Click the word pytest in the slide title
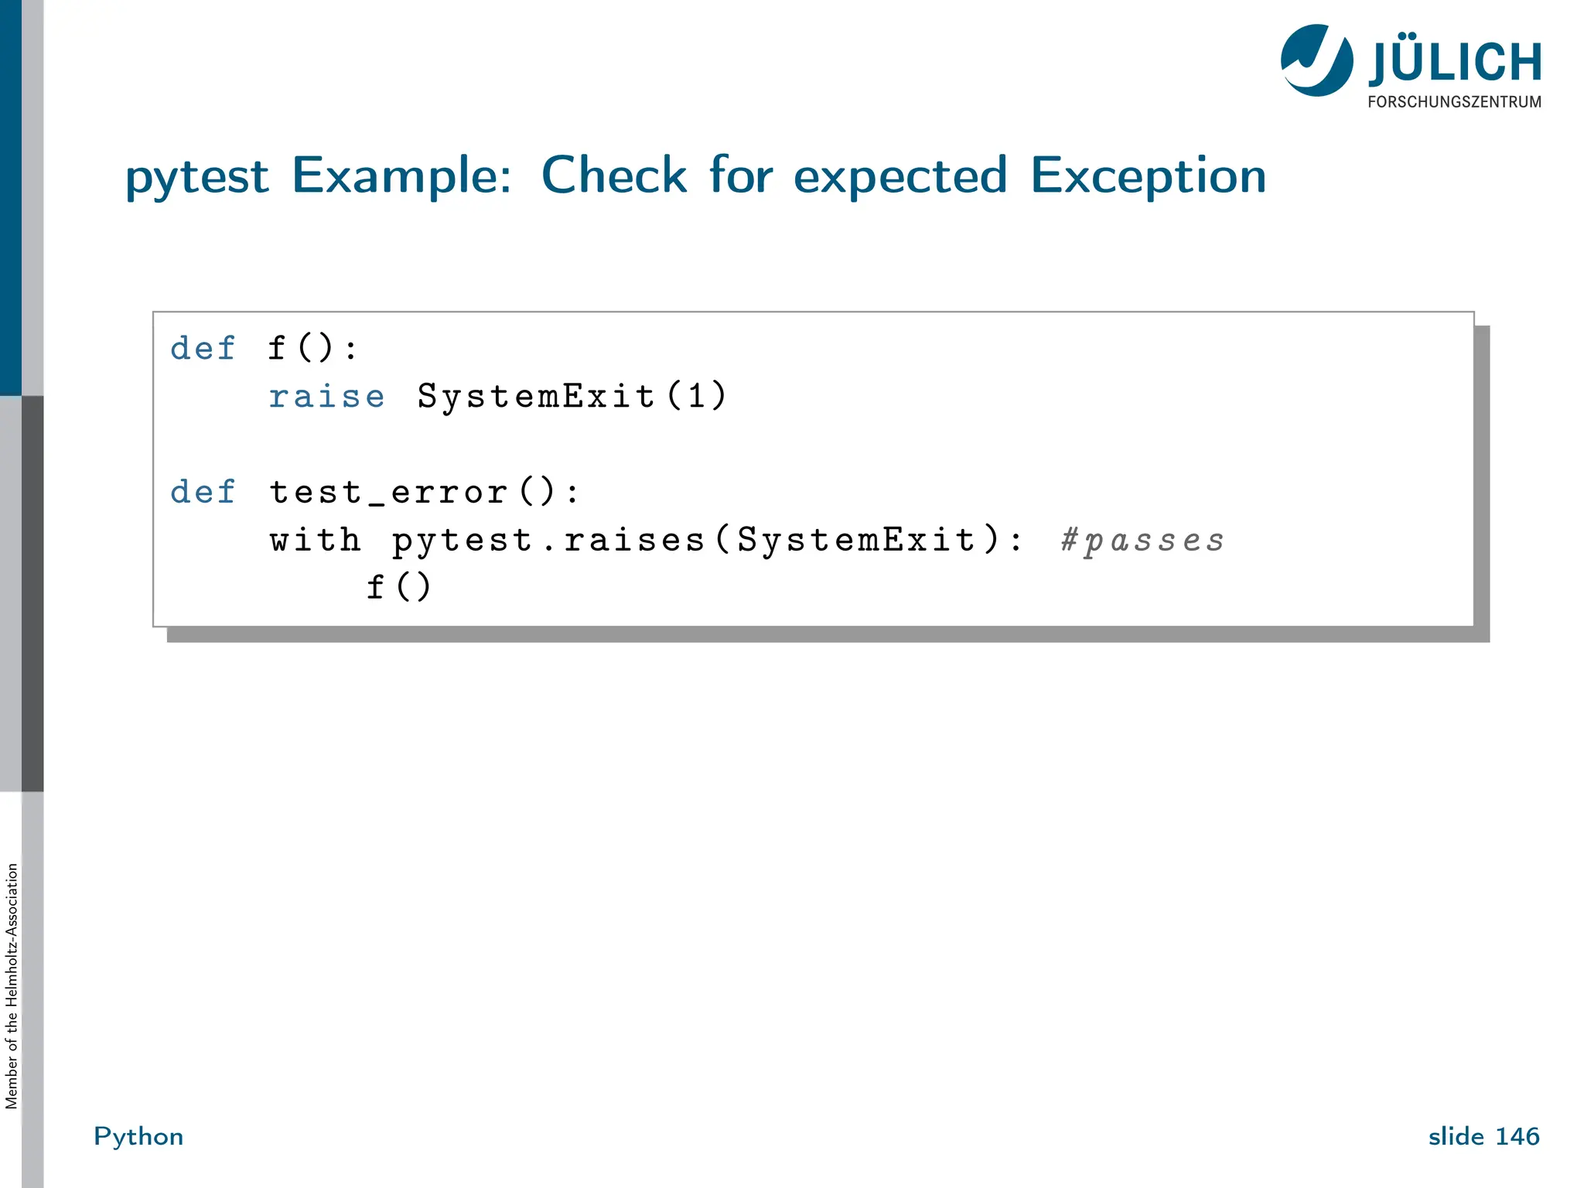point(197,176)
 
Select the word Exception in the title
point(1148,176)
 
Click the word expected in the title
point(900,176)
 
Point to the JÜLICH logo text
point(1454,62)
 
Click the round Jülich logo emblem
point(1316,60)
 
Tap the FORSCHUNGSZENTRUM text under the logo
point(1454,102)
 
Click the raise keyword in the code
point(326,397)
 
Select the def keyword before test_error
point(203,492)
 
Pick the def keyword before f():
point(203,349)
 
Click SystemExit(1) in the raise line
point(572,397)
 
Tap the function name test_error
point(388,492)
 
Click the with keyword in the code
point(315,540)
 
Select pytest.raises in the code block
point(548,540)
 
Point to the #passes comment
point(1142,540)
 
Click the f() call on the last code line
point(398,587)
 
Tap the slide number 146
point(1517,1136)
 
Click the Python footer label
point(138,1136)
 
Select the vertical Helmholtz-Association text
point(12,985)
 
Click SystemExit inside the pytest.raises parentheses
point(856,540)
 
